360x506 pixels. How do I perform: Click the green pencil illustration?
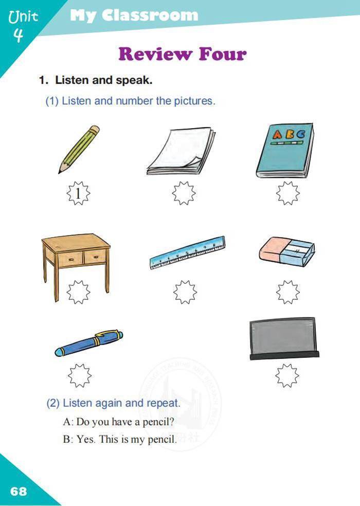point(79,149)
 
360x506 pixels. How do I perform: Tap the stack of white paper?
point(181,151)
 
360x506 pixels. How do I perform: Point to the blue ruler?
point(187,253)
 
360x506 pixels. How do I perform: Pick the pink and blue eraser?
point(286,251)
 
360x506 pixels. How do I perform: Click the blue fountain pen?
point(89,343)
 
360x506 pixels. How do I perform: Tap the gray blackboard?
point(284,338)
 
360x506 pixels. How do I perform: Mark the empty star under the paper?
point(184,193)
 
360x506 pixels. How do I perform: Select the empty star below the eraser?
point(287,292)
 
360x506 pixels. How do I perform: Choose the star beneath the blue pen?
point(79,375)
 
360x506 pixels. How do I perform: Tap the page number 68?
point(19,491)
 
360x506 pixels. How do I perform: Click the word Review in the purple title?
point(155,54)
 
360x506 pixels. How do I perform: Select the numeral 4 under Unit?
point(19,34)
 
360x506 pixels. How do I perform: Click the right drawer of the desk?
point(95,257)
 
